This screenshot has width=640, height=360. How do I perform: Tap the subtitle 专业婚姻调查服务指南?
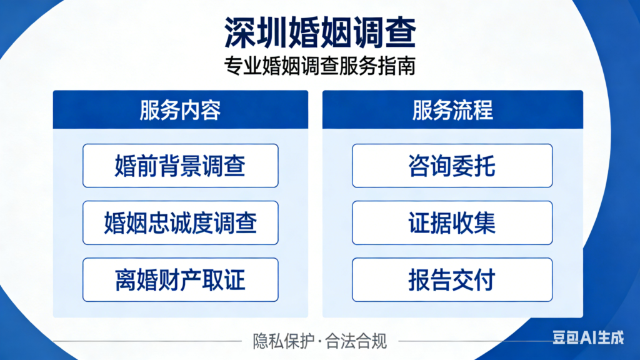click(319, 66)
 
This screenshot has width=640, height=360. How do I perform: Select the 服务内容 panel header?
click(180, 110)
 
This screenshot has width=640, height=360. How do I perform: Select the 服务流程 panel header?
click(452, 110)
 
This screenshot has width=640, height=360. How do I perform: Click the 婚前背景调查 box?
click(180, 166)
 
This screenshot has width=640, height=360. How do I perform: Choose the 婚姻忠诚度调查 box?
click(180, 222)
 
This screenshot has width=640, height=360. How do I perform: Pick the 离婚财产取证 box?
click(180, 279)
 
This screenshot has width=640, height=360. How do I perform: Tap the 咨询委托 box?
click(452, 166)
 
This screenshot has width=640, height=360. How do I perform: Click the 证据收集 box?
click(452, 222)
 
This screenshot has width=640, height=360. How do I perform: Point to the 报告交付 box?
click(452, 279)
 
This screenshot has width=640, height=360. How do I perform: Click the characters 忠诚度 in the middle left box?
click(180, 222)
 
